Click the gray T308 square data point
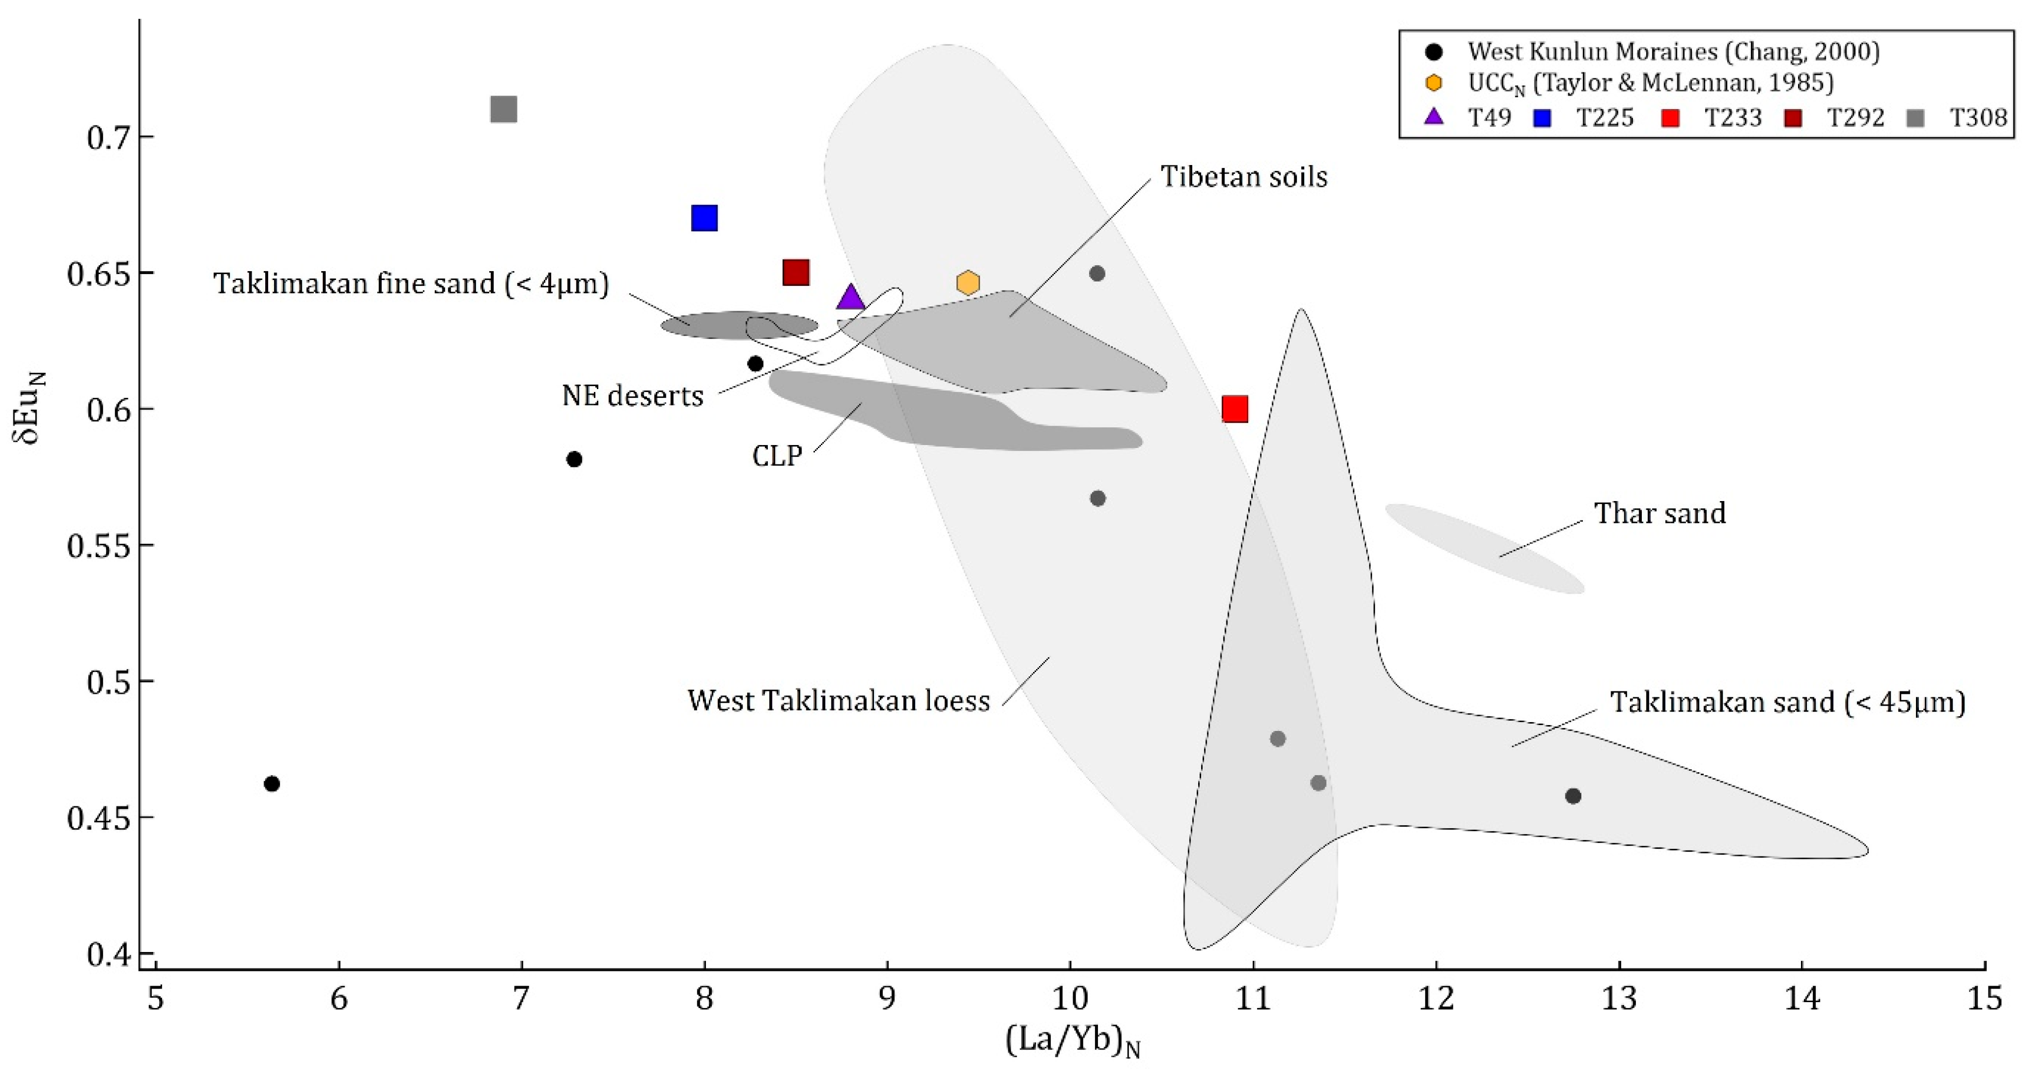pos(504,110)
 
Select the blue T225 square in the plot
pos(704,218)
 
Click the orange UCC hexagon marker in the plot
pos(968,282)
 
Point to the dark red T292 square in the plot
pos(796,273)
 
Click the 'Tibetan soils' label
pos(1244,176)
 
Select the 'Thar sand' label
pos(1660,513)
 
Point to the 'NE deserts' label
pos(632,395)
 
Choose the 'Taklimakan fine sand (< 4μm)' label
pos(411,283)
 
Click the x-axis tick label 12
pos(1436,998)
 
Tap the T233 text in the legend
pos(1733,118)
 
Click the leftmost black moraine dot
pos(272,783)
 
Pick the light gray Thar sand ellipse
pos(1484,548)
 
